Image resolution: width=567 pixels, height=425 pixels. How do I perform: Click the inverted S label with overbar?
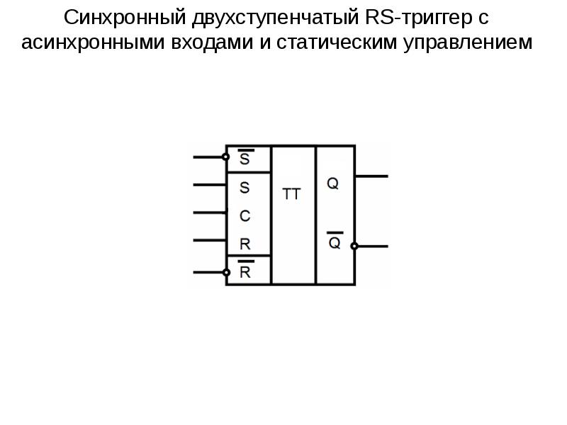coord(245,157)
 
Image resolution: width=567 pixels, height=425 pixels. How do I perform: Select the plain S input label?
coord(245,188)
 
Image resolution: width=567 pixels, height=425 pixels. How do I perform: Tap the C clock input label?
coord(245,216)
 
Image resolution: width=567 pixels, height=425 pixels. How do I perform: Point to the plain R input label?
coord(245,244)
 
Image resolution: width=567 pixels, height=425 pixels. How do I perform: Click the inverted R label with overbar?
coord(245,269)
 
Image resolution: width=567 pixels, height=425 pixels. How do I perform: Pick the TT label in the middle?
coord(291,194)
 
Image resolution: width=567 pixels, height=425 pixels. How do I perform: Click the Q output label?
coord(332,183)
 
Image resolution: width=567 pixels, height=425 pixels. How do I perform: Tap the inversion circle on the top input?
coord(225,157)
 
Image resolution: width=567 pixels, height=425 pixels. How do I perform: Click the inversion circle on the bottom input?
coord(226,273)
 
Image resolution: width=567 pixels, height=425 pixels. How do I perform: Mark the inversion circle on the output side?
coord(354,246)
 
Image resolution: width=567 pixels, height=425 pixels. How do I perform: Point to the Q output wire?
coord(371,176)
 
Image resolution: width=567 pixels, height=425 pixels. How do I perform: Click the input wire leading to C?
coord(210,212)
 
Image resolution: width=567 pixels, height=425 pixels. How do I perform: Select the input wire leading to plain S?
coord(210,185)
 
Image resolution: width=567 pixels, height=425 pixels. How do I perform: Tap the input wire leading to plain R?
coord(210,240)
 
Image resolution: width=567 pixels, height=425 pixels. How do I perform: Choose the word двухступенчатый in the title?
coord(276,17)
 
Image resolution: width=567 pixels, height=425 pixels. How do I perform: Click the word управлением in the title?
coord(468,42)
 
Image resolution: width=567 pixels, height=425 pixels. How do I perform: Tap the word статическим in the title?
coord(337,42)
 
